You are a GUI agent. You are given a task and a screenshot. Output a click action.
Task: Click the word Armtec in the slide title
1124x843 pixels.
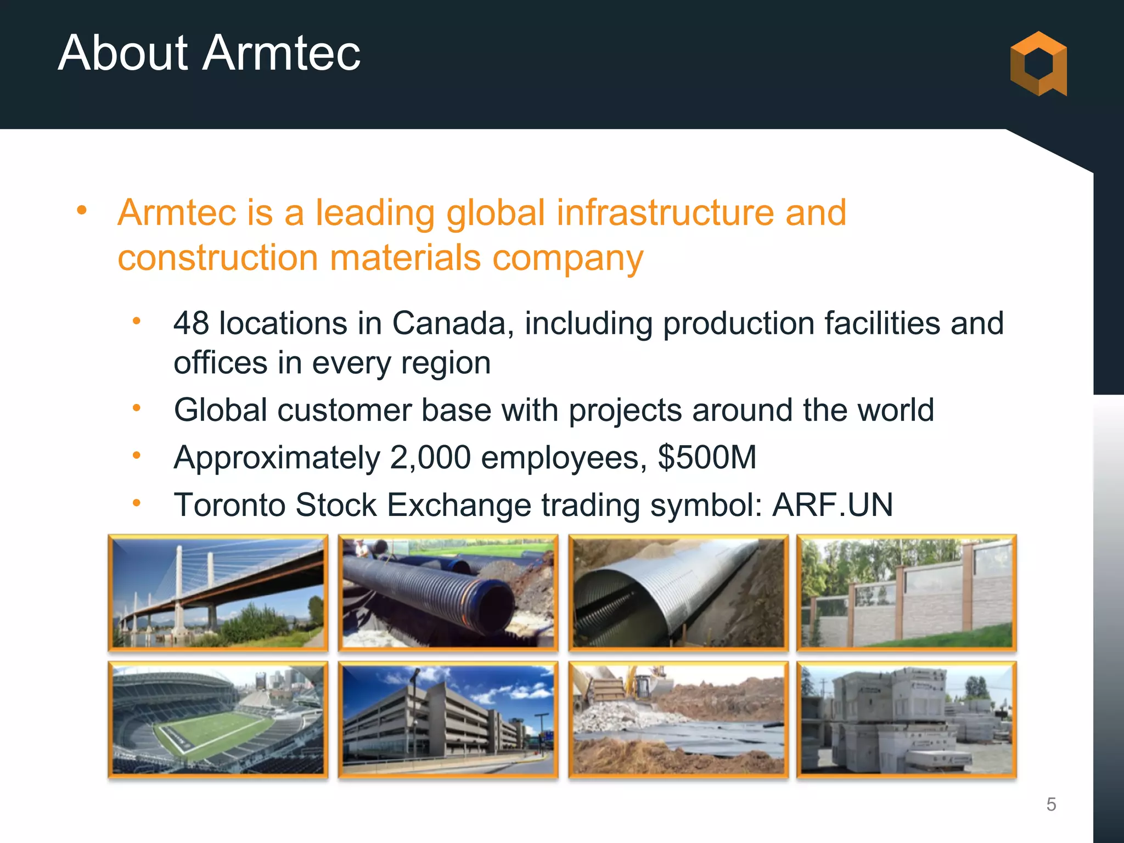click(x=282, y=53)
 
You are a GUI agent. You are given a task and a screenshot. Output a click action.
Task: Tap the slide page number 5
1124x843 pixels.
click(x=1051, y=804)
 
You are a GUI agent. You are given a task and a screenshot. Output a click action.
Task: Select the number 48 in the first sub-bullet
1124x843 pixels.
click(x=191, y=323)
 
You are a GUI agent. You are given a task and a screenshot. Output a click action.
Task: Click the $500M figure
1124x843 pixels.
click(x=707, y=457)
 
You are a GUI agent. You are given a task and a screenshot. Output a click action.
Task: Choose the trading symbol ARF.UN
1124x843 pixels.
click(x=832, y=504)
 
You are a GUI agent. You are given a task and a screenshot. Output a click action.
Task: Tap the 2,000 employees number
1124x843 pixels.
click(x=430, y=457)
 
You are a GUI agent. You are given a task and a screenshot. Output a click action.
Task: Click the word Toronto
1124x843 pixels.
click(x=229, y=504)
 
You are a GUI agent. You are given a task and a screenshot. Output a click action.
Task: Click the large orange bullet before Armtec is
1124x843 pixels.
click(x=82, y=210)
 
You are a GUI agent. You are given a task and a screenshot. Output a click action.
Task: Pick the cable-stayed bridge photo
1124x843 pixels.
click(x=218, y=593)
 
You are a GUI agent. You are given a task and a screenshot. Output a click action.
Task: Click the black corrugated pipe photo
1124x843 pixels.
click(x=448, y=593)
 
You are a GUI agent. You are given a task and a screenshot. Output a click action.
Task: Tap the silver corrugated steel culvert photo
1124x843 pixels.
click(x=678, y=593)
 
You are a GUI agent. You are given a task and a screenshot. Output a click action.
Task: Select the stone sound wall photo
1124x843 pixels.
click(x=907, y=593)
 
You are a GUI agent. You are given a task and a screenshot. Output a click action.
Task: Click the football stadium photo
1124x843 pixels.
click(x=218, y=720)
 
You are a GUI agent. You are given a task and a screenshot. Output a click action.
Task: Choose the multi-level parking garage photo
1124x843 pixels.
click(x=448, y=720)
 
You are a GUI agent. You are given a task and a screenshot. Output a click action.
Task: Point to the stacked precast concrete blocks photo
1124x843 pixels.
click(x=907, y=720)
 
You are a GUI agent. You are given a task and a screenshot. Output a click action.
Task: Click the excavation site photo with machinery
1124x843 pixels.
click(x=678, y=720)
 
